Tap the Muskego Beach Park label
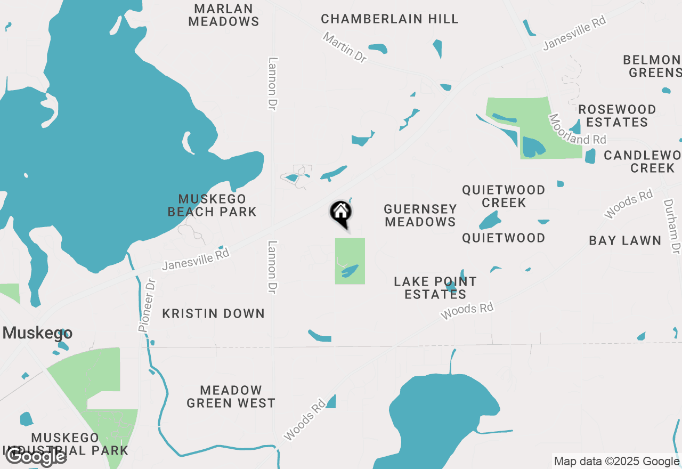212,205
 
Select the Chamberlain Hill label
389,19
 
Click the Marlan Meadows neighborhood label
224,15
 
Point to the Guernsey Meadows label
420,215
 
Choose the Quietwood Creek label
504,196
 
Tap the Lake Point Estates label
435,288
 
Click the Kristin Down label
213,313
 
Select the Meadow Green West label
231,397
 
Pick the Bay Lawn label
625,240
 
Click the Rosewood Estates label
617,116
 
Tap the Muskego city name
37,333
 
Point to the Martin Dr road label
345,47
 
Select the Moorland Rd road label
578,130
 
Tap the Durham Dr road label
672,227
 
